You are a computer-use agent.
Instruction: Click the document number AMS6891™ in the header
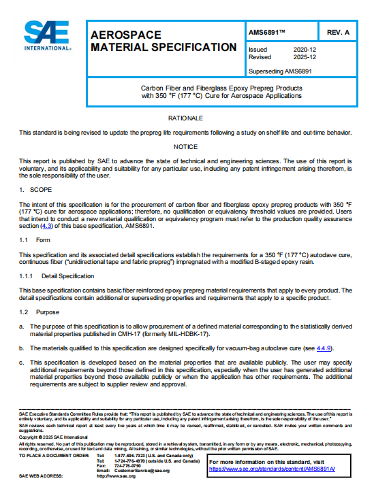pyautogui.click(x=268, y=32)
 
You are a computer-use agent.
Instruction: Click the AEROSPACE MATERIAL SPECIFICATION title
pyautogui.click(x=163, y=41)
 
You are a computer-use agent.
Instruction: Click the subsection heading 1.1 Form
pyautogui.click(x=31, y=240)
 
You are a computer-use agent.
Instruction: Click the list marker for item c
pyautogui.click(x=21, y=362)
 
